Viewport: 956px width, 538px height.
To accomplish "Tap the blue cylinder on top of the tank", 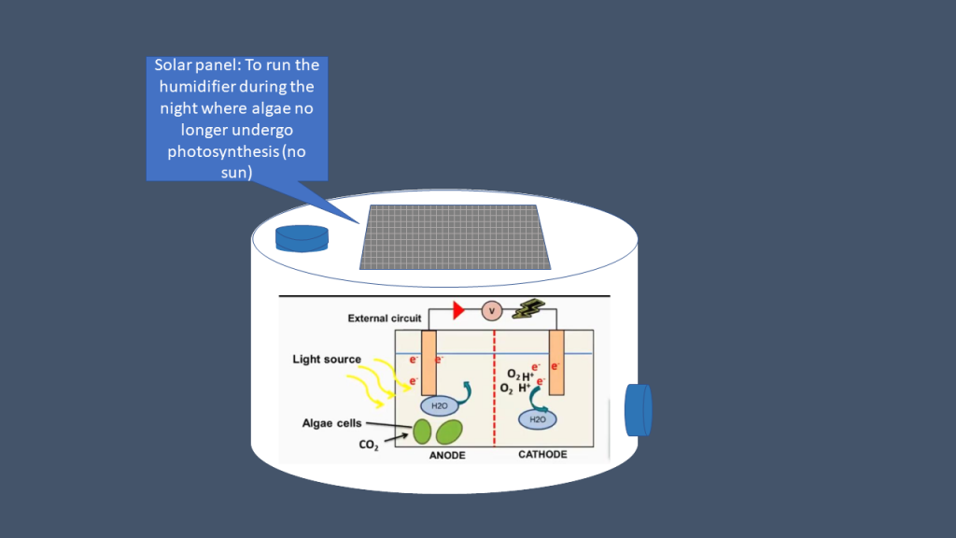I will click(x=302, y=237).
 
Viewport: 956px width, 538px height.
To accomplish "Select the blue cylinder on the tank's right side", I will click(x=639, y=409).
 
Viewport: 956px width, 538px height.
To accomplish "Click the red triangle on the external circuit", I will click(x=458, y=310).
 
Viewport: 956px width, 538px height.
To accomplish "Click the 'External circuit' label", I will click(x=385, y=319).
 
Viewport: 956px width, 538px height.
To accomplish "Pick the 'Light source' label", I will click(x=327, y=360).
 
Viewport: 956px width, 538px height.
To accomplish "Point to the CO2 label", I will click(x=369, y=446).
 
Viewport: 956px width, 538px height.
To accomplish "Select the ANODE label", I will click(x=446, y=455).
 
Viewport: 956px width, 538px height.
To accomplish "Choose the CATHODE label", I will click(x=542, y=455).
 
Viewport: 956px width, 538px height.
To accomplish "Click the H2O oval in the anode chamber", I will click(x=439, y=406).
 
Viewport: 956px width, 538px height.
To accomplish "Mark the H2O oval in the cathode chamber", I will click(x=538, y=419).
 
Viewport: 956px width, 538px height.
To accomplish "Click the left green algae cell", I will click(x=422, y=432).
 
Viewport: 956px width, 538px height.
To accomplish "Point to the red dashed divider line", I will click(x=494, y=392).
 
